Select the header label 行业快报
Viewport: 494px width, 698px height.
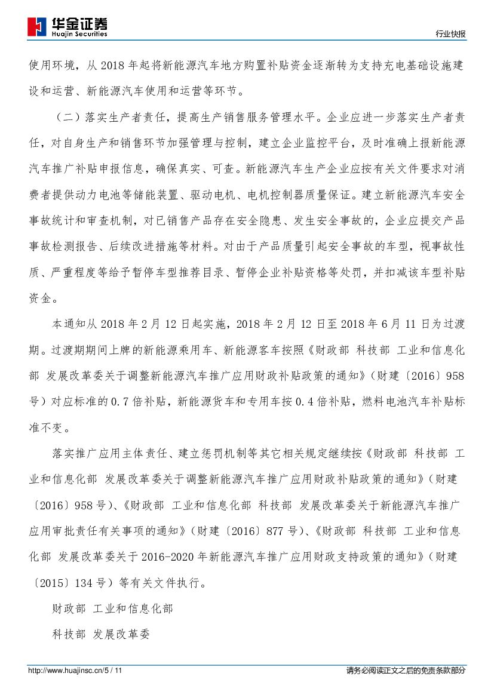(x=450, y=35)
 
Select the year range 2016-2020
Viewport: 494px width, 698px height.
(x=174, y=556)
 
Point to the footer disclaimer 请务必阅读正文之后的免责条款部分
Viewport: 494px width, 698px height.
(x=406, y=671)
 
